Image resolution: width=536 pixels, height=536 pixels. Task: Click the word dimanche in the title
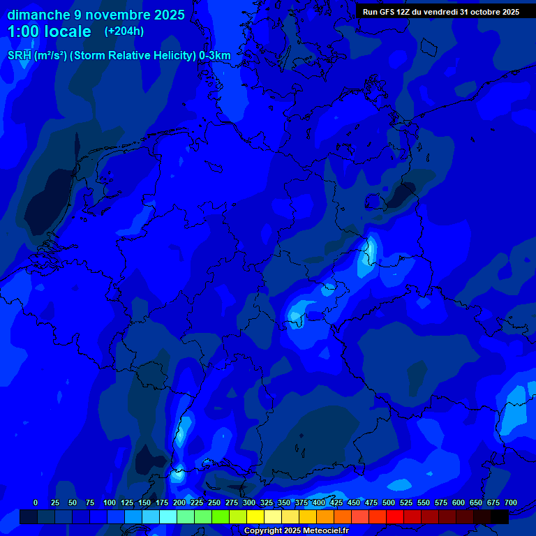(x=38, y=15)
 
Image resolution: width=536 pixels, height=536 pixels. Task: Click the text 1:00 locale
(x=50, y=31)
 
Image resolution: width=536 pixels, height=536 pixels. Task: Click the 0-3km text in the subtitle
(x=215, y=56)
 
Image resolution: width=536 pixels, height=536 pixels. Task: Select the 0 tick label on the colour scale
(x=36, y=502)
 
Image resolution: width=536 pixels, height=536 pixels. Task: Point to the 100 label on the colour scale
(x=110, y=502)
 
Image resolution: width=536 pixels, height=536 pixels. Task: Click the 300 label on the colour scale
(x=249, y=502)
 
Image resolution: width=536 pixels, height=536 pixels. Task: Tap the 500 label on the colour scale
(x=389, y=502)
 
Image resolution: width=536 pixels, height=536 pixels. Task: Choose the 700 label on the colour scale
(x=511, y=502)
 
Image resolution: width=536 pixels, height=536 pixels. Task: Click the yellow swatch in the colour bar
(x=255, y=517)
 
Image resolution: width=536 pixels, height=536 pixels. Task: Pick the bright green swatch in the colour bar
(x=221, y=517)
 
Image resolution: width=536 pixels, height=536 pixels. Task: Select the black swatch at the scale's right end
(x=500, y=517)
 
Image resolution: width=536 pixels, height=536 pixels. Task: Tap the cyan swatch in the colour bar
(x=168, y=517)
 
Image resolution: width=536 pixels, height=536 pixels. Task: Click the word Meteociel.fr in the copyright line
(x=325, y=531)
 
